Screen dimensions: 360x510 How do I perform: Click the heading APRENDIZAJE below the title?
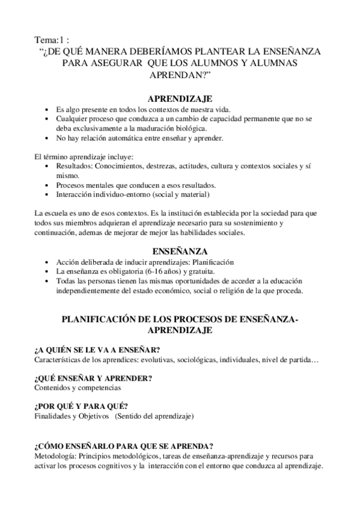(180, 99)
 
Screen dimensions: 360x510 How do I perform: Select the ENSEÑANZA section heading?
(180, 250)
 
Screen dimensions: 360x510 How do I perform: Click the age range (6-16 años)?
(149, 272)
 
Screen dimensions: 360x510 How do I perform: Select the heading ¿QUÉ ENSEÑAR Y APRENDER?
(93, 378)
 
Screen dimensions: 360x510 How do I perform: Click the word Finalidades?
(53, 416)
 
